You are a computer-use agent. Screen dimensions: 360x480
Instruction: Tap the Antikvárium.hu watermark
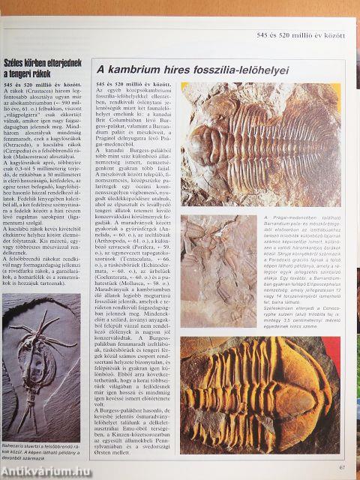tap(37, 470)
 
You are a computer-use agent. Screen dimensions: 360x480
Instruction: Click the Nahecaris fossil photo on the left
tap(44, 375)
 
